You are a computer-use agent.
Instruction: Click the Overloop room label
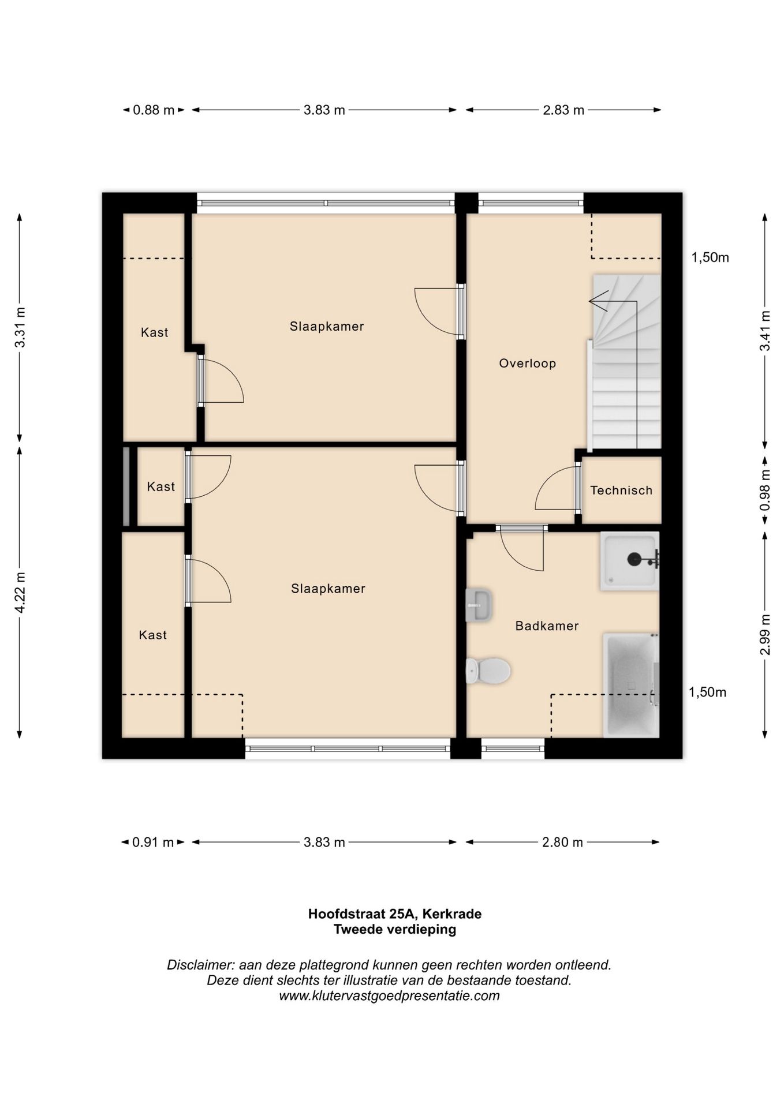pos(528,364)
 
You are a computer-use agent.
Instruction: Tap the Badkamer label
pos(547,626)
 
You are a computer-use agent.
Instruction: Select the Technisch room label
pos(621,490)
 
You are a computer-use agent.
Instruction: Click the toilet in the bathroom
pos(488,671)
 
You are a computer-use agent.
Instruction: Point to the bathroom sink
pos(479,605)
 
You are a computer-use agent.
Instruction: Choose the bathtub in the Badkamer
pos(631,685)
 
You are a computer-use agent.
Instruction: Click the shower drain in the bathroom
pos(634,559)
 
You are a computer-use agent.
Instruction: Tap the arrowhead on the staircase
pos(598,301)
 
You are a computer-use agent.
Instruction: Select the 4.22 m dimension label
pos(20,592)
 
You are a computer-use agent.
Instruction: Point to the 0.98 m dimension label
pos(766,490)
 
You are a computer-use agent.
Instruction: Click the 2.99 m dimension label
pos(766,635)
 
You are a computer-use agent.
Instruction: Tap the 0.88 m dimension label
pos(154,110)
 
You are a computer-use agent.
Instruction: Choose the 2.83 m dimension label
pos(563,110)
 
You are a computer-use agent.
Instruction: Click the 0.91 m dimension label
pos(153,842)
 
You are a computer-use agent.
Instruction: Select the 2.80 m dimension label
pos(562,842)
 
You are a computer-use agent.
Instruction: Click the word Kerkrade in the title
pos(452,914)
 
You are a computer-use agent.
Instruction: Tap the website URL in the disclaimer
pos(390,995)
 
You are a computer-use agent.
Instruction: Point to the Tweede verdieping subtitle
pos(395,929)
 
